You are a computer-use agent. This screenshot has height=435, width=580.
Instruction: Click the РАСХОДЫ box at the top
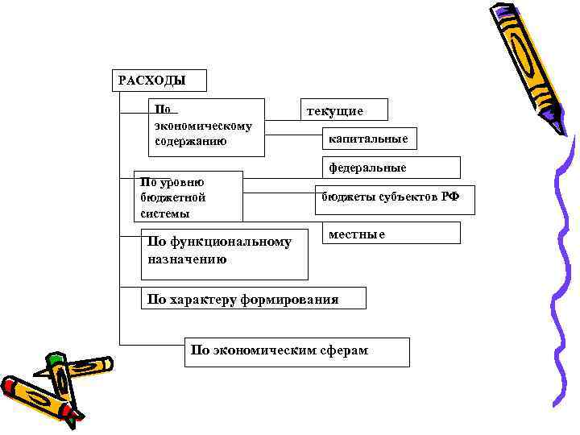(x=158, y=81)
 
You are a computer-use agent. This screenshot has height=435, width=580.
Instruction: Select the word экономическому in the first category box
(x=202, y=126)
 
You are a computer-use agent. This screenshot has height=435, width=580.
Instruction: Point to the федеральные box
(x=391, y=168)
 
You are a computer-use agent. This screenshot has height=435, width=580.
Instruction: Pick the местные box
(x=391, y=234)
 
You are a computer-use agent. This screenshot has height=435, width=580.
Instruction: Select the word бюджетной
(x=173, y=197)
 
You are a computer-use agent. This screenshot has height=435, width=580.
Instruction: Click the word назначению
(x=187, y=259)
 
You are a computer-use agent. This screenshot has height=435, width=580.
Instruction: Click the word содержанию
(x=190, y=141)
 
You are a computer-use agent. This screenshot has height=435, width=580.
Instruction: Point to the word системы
(x=164, y=213)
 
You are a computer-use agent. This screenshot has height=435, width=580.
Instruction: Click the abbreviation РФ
(x=450, y=197)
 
